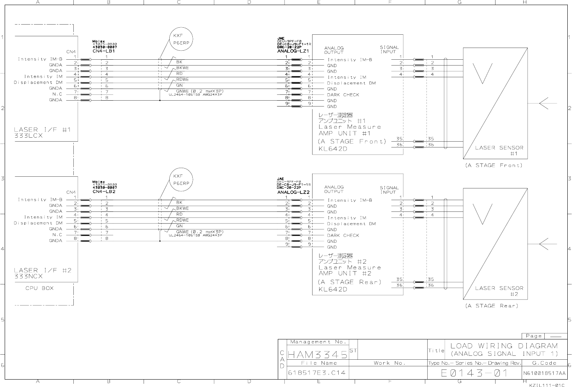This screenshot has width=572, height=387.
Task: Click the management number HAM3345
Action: [317, 355]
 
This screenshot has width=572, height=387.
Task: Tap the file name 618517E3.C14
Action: [317, 373]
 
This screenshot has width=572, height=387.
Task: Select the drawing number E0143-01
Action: [474, 373]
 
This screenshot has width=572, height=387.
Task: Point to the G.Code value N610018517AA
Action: [545, 373]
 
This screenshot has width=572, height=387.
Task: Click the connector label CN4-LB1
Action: [104, 51]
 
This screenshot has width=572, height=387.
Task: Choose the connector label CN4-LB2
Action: [104, 192]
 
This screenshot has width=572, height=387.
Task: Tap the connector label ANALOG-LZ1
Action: [293, 51]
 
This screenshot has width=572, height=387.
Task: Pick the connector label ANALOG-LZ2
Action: [293, 192]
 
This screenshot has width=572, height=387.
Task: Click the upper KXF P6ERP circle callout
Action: [181, 39]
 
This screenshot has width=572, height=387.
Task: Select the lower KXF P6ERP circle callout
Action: [181, 179]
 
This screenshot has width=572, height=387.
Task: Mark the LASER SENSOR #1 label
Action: [499, 150]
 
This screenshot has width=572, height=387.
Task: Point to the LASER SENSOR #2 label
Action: [499, 291]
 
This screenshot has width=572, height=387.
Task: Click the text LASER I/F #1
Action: [43, 130]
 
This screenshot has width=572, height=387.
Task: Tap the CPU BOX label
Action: [39, 288]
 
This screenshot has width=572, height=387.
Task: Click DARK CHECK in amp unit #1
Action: [343, 95]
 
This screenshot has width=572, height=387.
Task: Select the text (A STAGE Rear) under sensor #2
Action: [492, 306]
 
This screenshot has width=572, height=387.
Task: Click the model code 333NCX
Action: [28, 276]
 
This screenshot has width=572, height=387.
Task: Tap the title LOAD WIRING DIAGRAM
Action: [504, 346]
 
